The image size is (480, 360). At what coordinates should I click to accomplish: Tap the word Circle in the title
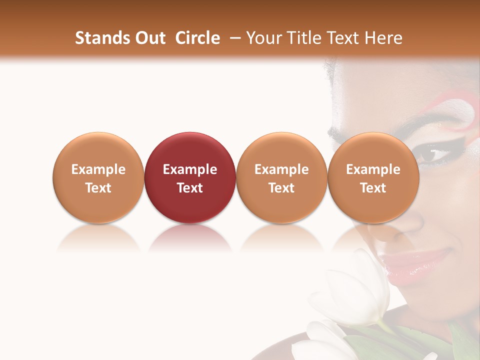click(197, 38)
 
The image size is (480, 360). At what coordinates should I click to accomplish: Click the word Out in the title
click(150, 38)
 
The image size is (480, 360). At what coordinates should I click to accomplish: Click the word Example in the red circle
click(190, 169)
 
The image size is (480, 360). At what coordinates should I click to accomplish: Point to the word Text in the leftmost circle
click(98, 188)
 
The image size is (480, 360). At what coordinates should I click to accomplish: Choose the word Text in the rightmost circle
click(373, 188)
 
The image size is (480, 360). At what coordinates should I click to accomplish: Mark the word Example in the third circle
click(281, 169)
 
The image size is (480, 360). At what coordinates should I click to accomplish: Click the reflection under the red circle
click(190, 239)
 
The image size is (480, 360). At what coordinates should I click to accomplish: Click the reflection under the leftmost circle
click(98, 239)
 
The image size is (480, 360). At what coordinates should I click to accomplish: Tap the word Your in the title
click(264, 38)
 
